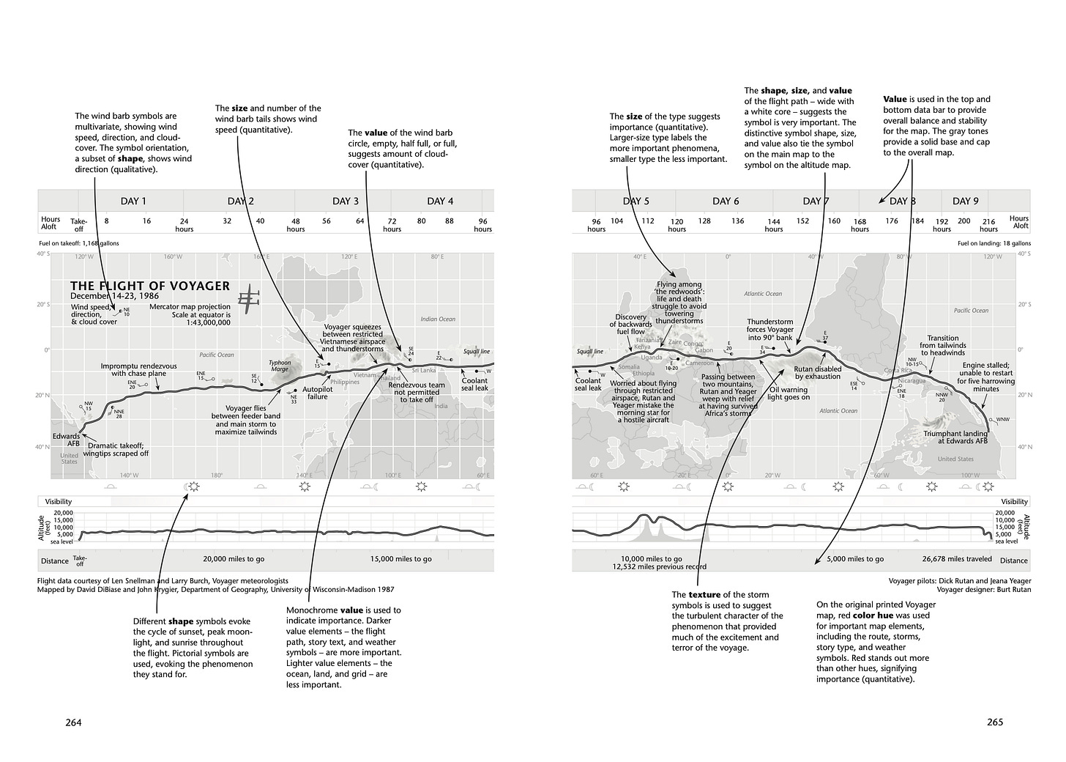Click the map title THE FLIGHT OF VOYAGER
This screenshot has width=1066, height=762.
pos(150,286)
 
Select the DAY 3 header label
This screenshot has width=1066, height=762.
pos(346,201)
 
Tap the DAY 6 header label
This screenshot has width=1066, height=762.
pos(726,201)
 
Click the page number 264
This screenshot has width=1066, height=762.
pos(73,722)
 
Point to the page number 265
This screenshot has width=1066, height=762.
pos(994,722)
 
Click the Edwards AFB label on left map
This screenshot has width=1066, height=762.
pos(66,440)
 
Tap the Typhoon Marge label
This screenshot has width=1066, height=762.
pos(280,366)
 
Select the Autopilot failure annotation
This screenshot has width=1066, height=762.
pos(317,393)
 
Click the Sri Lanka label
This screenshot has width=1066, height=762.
pos(424,371)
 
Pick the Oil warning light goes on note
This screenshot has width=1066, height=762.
pos(789,393)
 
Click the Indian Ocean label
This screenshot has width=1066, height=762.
pos(438,319)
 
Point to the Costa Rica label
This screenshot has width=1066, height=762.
pos(897,371)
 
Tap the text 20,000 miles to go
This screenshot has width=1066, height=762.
pos(234,559)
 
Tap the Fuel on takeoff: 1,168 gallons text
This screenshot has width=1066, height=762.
pos(79,243)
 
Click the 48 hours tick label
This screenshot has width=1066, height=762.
pos(296,225)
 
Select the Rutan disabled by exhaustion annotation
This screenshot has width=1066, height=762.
pos(818,373)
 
